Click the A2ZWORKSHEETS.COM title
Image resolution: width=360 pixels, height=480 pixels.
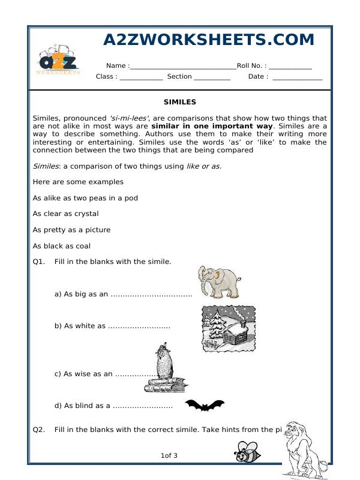(x=209, y=40)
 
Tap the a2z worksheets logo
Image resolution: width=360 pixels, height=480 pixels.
(x=58, y=60)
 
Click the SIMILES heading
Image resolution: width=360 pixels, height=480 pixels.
(x=179, y=102)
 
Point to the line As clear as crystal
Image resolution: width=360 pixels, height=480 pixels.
(x=66, y=214)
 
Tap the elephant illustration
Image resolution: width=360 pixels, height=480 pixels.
(x=219, y=281)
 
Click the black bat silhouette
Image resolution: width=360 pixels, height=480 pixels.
(x=204, y=406)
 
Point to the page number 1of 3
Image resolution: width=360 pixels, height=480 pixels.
(x=169, y=456)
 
